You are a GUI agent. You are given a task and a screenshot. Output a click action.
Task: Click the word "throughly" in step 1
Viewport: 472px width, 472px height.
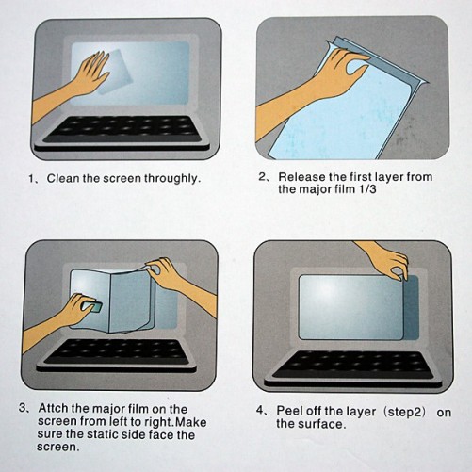pos(172,179)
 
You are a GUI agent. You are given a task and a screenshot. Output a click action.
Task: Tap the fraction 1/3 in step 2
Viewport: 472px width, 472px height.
pos(366,189)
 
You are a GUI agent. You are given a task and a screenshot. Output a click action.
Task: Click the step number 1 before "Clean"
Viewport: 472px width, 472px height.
pos(31,179)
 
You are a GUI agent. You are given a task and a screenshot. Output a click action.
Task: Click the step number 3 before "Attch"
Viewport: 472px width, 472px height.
pos(23,408)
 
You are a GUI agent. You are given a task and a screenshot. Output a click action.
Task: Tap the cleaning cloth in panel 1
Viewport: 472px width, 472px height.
pos(114,72)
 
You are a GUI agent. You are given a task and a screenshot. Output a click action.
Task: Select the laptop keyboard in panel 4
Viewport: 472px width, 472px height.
pos(353,365)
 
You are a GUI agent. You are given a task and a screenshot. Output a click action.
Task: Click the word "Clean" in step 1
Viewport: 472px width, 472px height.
pos(62,179)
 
